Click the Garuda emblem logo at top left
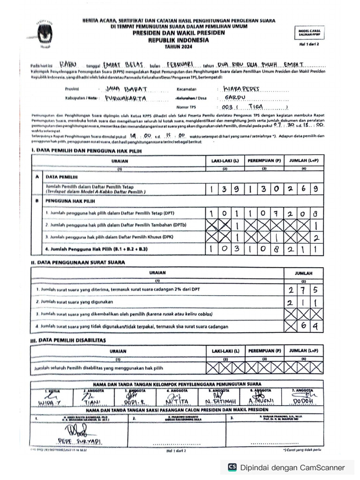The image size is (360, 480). tap(45, 34)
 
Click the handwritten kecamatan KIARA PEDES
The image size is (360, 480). tap(244, 88)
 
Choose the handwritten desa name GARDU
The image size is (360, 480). tap(234, 98)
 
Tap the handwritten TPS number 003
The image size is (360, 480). tap(230, 107)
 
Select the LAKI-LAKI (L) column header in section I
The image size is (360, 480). tap(224, 161)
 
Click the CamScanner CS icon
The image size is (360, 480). tap(232, 467)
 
